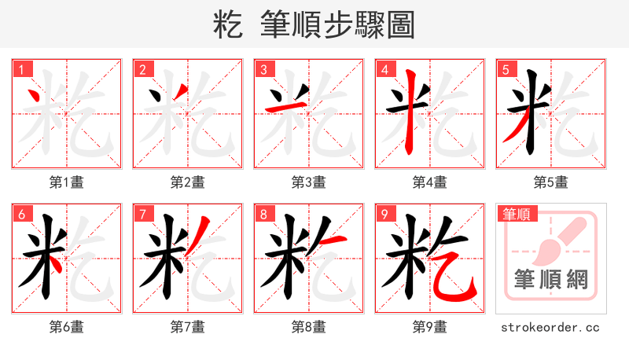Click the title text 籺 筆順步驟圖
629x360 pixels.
pos(314,24)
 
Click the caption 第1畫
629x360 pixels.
pos(67,182)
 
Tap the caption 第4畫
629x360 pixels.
pos(430,182)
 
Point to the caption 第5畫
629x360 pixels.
pos(551,182)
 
